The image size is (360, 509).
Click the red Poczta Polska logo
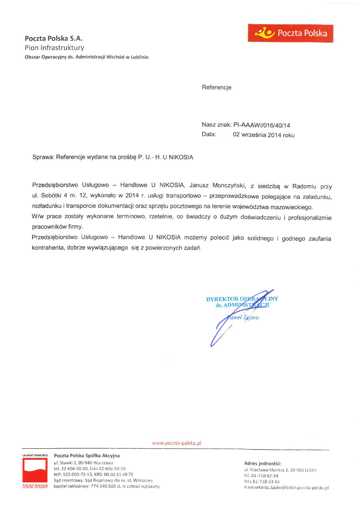tap(290, 33)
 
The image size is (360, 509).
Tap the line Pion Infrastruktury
tap(54, 48)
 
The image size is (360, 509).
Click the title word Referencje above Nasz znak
tap(216, 87)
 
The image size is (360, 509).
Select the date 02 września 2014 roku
tap(264, 135)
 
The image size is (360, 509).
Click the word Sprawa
tap(43, 158)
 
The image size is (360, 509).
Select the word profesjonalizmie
tap(309, 218)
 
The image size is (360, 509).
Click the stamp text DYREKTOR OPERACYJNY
tap(242, 299)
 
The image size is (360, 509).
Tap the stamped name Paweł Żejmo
tap(244, 318)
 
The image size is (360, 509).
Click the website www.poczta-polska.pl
tap(176, 443)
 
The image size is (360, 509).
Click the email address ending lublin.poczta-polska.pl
tap(286, 488)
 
